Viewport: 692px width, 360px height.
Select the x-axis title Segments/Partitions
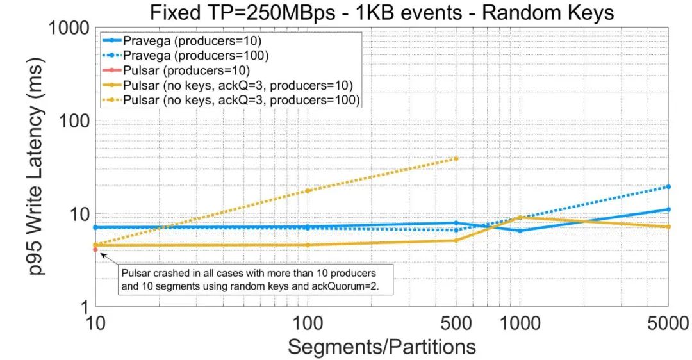coord(382,346)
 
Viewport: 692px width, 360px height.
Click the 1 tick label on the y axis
coord(83,306)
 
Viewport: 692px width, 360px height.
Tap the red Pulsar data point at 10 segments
coord(95,249)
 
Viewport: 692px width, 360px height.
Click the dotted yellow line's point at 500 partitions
coord(456,158)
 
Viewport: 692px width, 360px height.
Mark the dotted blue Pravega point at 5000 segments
coord(668,186)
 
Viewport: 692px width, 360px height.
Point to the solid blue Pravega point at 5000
coord(668,209)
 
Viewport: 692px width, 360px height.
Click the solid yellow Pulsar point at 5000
coord(668,227)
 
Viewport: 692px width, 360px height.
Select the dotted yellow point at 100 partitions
coord(308,191)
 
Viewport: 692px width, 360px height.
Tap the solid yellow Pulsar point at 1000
coord(520,218)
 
